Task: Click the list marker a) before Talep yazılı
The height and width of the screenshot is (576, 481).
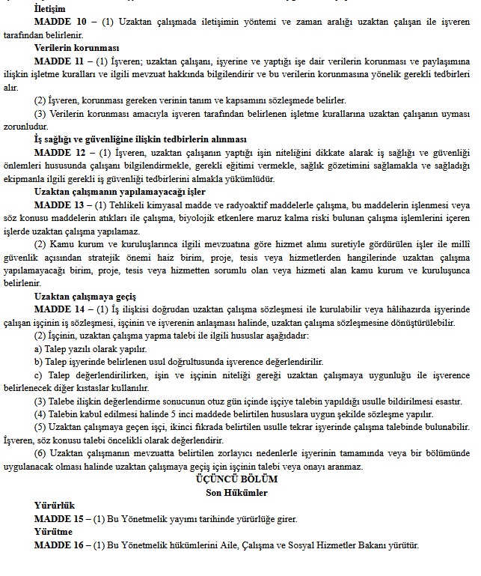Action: [x=39, y=349]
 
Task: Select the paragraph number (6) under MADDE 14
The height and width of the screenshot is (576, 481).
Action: [x=41, y=454]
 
